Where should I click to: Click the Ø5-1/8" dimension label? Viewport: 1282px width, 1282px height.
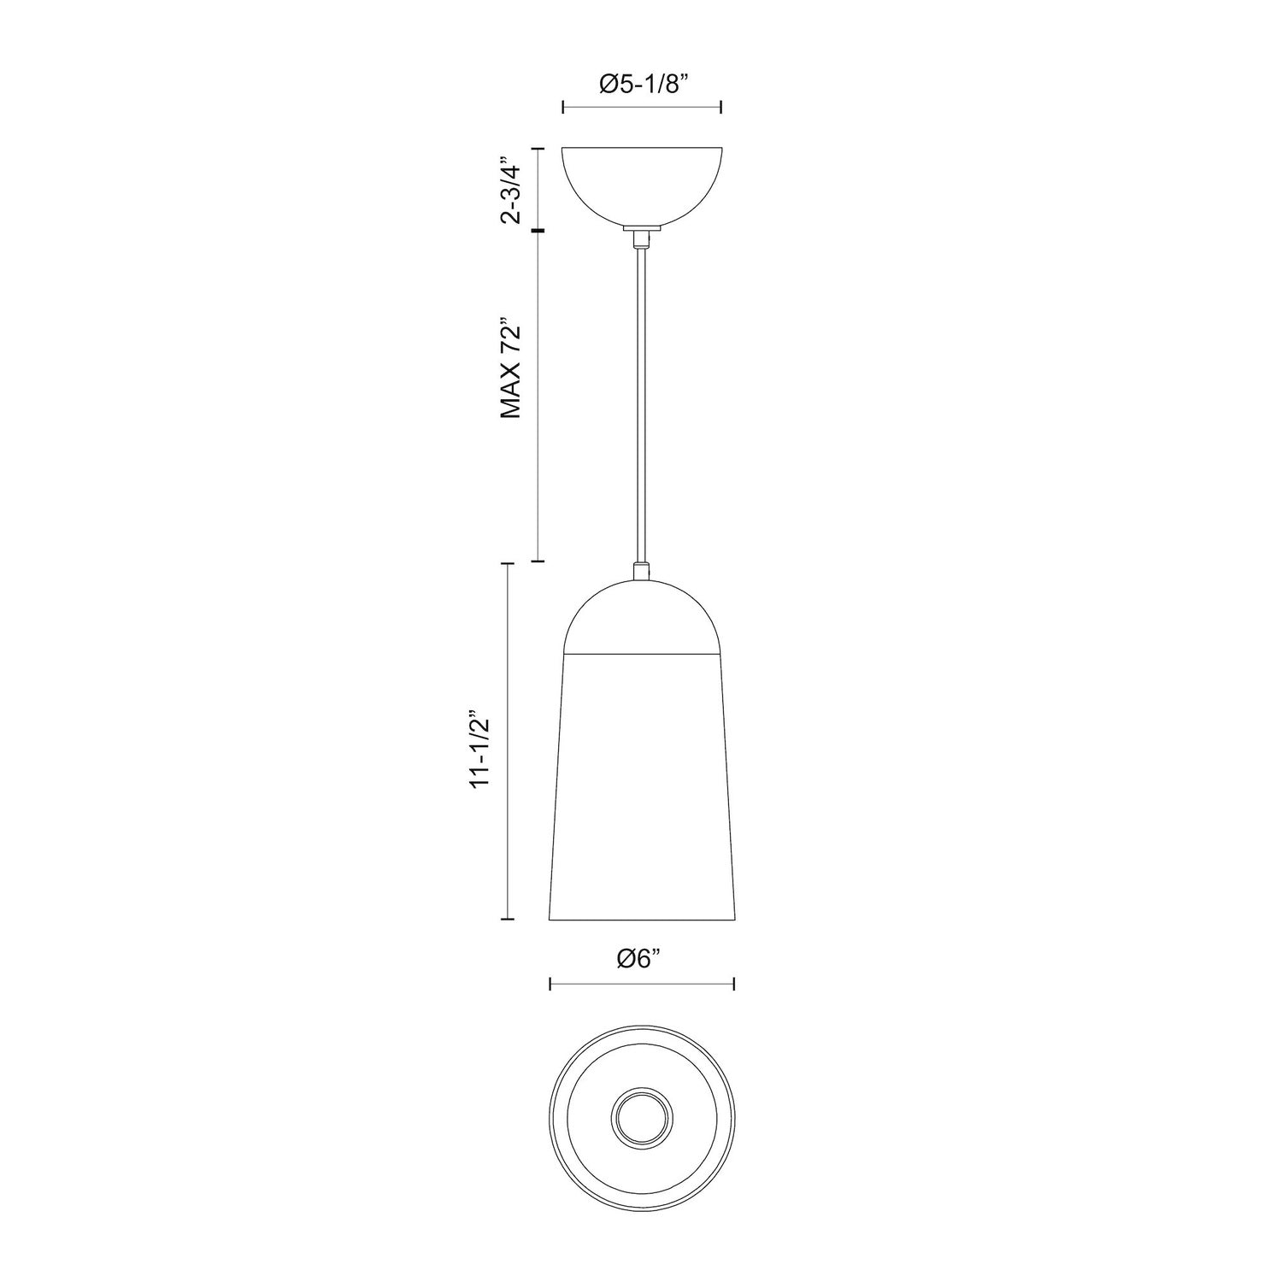tap(642, 85)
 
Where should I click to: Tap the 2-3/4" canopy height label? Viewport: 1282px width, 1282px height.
tap(511, 190)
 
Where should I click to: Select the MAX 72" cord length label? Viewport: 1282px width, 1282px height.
tap(511, 369)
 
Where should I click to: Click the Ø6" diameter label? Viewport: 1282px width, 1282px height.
tap(640, 959)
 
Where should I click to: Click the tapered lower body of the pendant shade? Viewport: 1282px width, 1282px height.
tap(642, 786)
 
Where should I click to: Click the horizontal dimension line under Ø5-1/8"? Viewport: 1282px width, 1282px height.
tap(642, 107)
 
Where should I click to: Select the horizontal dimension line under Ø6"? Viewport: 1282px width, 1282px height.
tap(642, 985)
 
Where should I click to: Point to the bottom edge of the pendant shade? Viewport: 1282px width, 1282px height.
tap(642, 920)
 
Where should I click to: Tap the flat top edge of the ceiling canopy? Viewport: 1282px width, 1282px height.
tap(642, 149)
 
